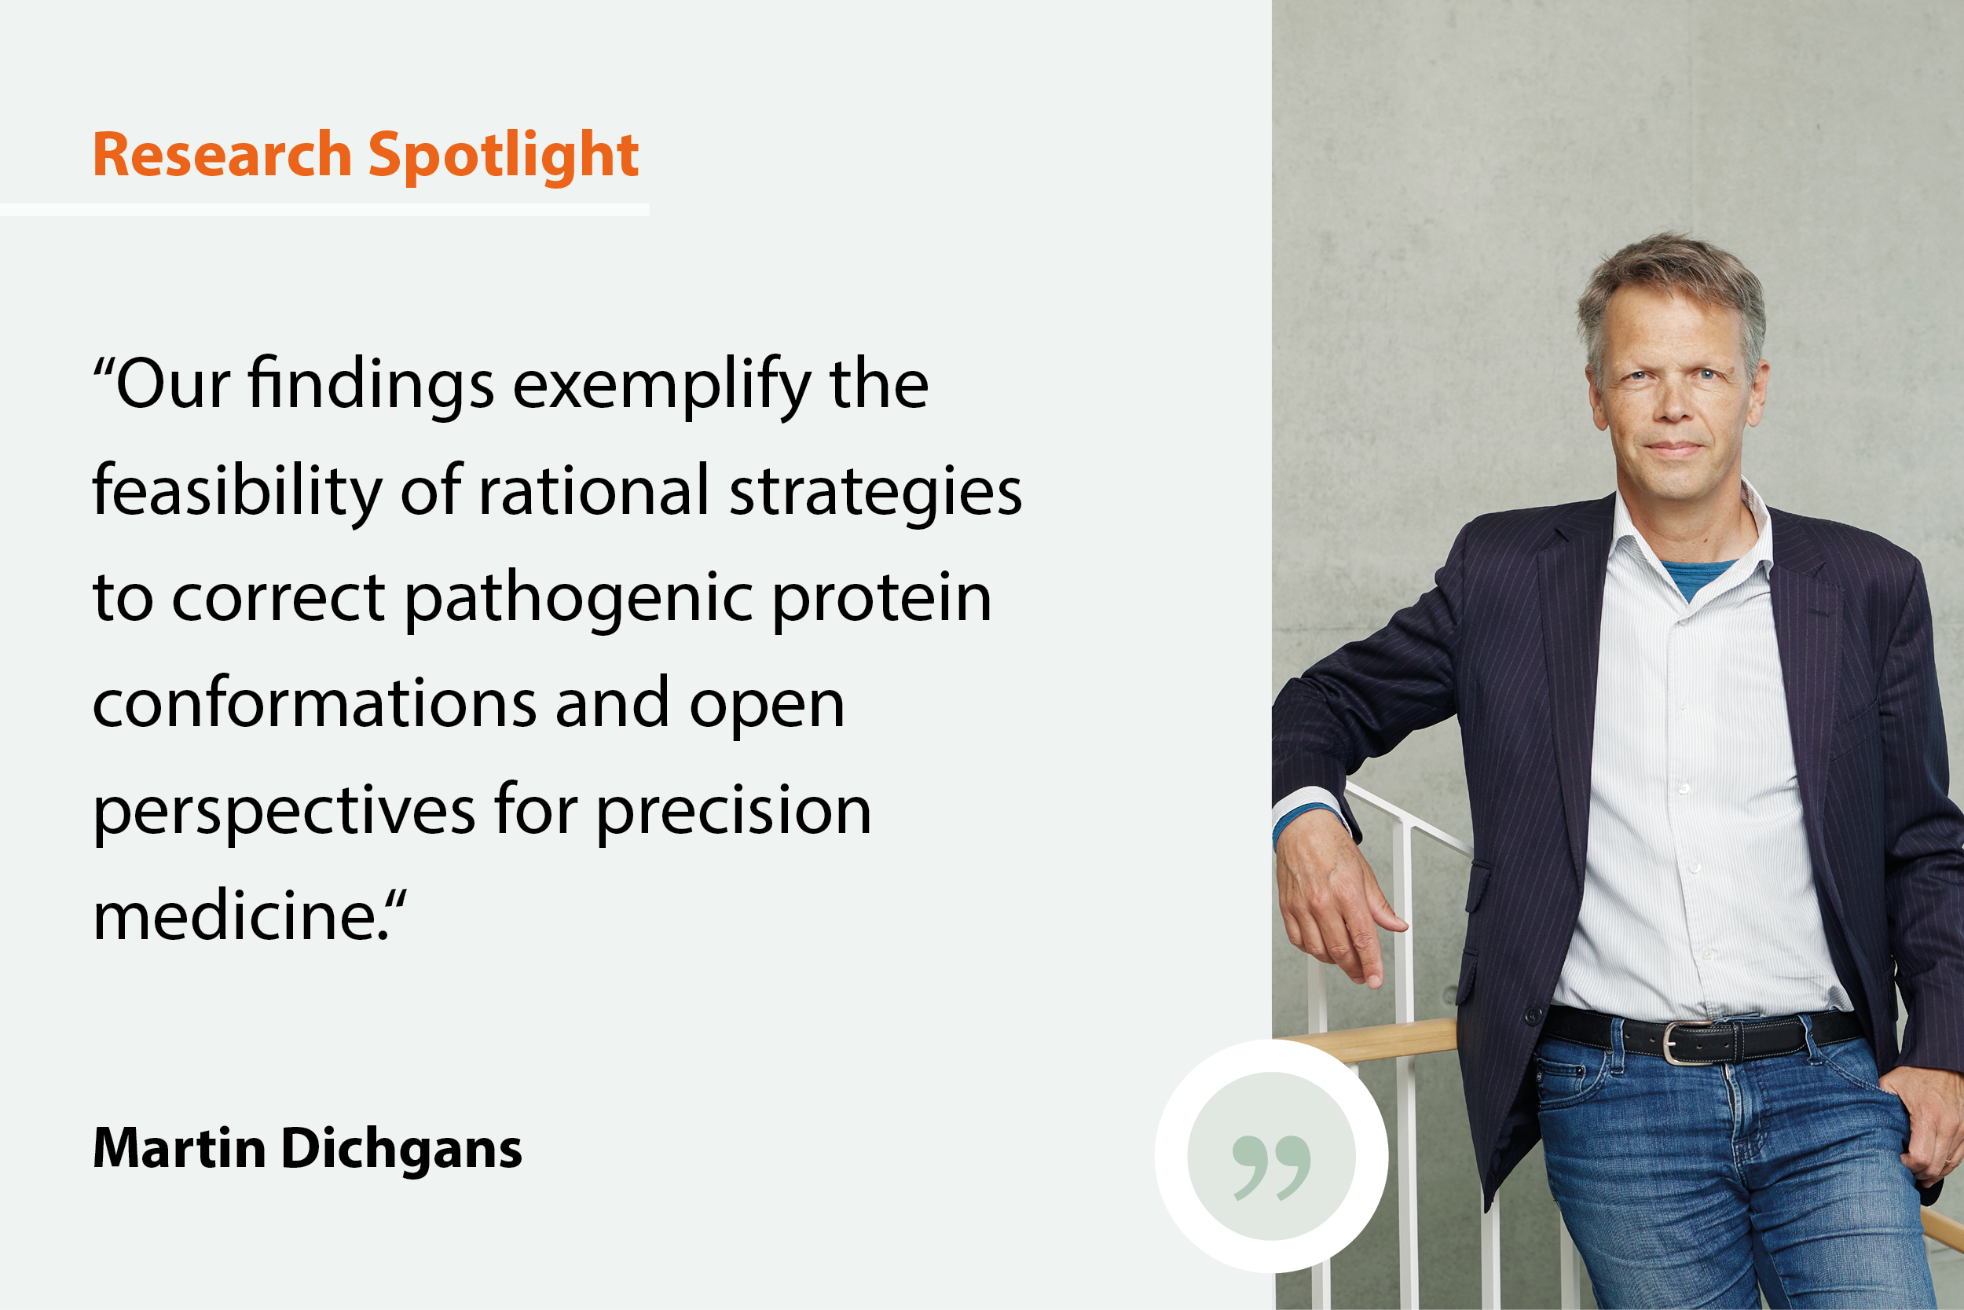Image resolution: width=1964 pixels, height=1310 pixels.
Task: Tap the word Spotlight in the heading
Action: [x=504, y=159]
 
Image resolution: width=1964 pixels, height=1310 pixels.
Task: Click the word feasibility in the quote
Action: [x=237, y=493]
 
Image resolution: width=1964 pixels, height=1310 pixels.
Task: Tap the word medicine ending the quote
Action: [x=240, y=916]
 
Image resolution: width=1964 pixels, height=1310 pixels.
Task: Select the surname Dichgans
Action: [x=401, y=1150]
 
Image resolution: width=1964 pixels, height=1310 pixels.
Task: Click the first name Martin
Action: [x=180, y=1148]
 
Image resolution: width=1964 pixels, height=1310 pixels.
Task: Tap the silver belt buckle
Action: [x=1687, y=1043]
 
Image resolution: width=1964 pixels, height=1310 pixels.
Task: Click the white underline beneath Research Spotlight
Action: [x=324, y=210]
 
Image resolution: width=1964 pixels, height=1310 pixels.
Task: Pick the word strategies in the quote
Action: [x=876, y=493]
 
